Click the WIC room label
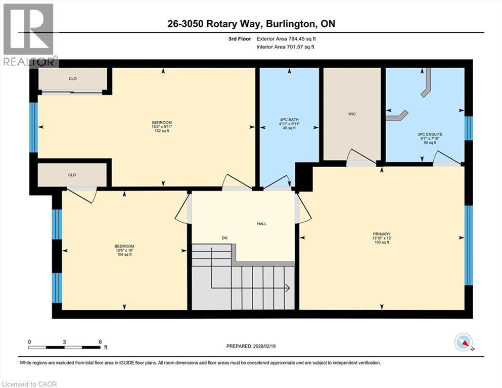click(352, 114)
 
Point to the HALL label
click(261, 224)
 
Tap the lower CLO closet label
click(72, 175)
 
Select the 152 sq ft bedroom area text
click(162, 132)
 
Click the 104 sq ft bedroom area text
click(124, 255)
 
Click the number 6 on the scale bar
click(100, 342)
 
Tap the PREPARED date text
click(251, 346)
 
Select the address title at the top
click(251, 23)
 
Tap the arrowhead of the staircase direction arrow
click(287, 288)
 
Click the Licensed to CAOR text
click(29, 384)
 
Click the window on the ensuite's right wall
click(469, 128)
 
